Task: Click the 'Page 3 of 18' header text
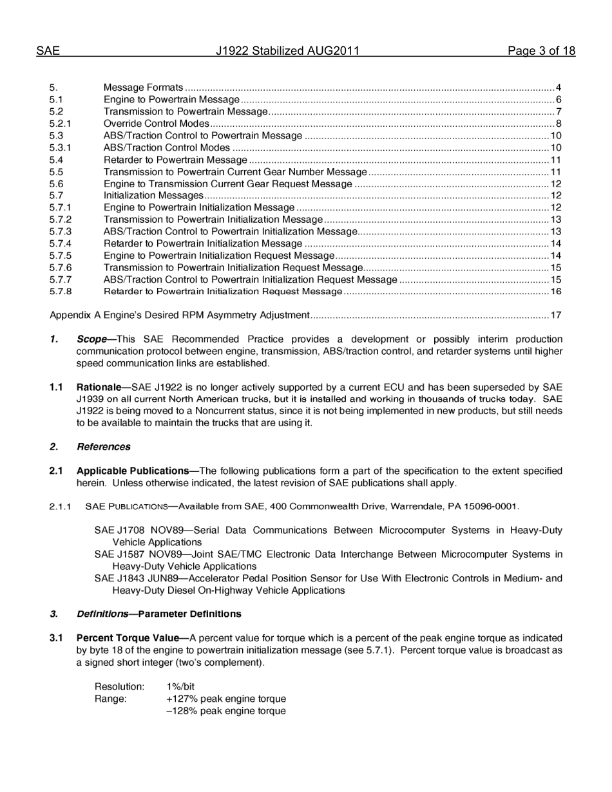(540, 52)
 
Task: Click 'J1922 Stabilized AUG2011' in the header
(287, 52)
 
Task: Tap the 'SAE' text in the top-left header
(48, 52)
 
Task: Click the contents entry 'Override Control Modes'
(157, 124)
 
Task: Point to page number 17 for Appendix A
(557, 316)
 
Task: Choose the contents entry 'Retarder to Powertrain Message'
(175, 160)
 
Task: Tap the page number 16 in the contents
(557, 292)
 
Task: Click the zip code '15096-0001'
(495, 506)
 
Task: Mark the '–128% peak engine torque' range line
(226, 711)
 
